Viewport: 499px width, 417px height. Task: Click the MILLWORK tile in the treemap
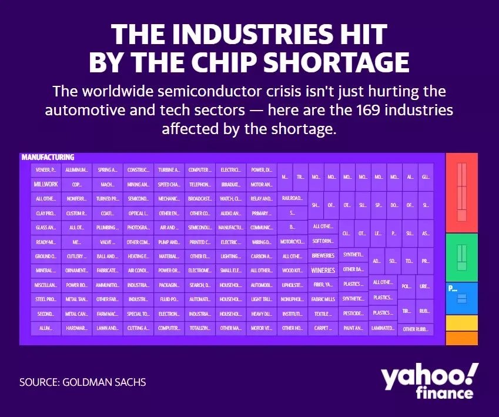coord(46,184)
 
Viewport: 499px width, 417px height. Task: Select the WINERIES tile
coord(323,271)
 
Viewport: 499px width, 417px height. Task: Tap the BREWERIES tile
coord(323,256)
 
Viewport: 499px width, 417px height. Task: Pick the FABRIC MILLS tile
coord(323,299)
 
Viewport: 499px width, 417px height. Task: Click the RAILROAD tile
coord(292,198)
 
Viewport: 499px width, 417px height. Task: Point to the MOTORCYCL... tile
coord(292,242)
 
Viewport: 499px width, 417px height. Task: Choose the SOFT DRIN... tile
coord(323,241)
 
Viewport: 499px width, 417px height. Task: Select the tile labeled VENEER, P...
coord(46,170)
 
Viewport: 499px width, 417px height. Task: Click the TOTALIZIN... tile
coord(200,328)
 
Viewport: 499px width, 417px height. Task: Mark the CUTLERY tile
coord(77,256)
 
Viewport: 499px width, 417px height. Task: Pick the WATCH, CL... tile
coord(230,198)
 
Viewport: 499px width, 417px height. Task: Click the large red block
coord(461,192)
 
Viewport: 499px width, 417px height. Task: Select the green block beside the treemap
coord(461,257)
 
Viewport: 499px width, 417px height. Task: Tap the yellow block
coord(461,323)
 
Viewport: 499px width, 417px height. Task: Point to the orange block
coord(461,338)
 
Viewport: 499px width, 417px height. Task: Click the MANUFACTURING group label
coord(48,157)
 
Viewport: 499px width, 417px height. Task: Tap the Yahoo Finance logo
coord(428,381)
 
